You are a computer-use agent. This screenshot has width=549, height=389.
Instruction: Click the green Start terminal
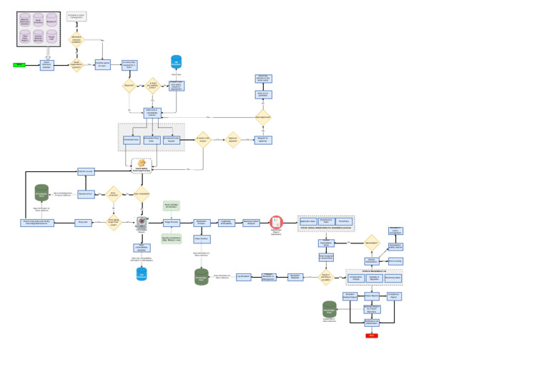[x=19, y=65]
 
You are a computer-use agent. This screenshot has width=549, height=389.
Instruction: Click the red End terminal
[x=372, y=335]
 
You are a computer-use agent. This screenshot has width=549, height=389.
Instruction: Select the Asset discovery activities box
[x=46, y=65]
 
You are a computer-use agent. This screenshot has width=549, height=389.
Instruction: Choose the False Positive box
[x=201, y=239]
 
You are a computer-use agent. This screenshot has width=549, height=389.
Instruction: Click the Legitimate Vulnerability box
[x=226, y=223]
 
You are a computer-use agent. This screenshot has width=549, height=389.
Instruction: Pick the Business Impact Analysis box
[x=251, y=223]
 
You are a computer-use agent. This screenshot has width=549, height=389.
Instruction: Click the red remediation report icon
[x=276, y=223]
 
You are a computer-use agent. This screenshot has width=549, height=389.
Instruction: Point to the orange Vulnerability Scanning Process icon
[x=142, y=163]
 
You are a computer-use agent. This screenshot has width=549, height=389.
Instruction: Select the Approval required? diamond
[x=232, y=140]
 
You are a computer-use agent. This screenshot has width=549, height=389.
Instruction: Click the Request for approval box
[x=263, y=140]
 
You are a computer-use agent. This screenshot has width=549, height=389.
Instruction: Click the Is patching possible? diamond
[x=326, y=277]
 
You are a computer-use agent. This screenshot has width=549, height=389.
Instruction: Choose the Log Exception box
[x=244, y=277]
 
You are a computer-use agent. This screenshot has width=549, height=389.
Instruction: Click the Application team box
[x=308, y=222]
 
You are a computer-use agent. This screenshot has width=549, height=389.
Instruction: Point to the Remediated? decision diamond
[x=372, y=243]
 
